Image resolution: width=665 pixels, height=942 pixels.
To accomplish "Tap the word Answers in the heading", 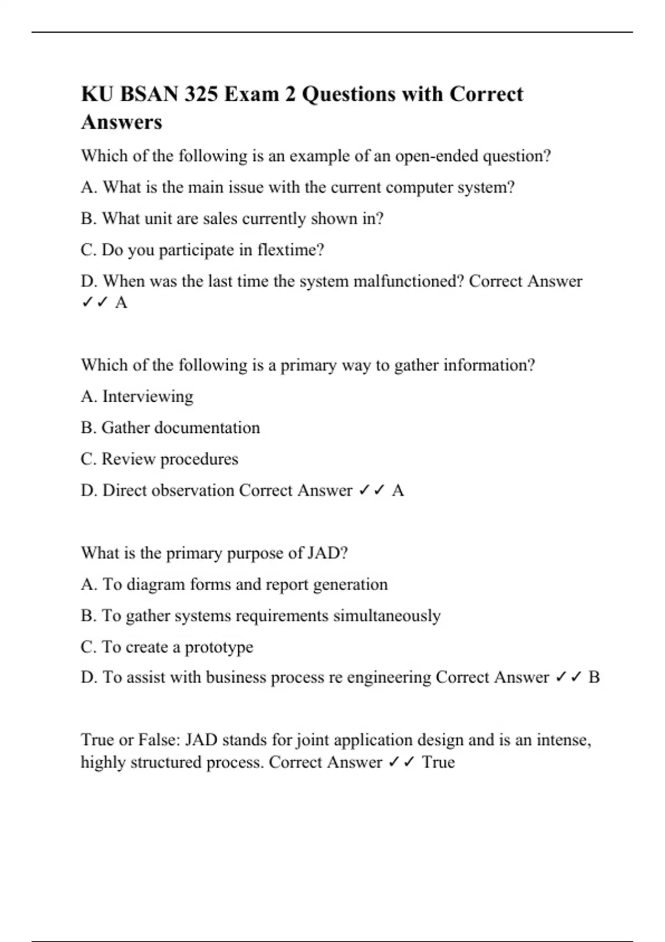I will tap(121, 122).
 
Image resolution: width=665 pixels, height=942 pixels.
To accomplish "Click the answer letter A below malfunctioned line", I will tap(121, 303).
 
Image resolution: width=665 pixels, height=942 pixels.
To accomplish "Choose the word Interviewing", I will tap(148, 397).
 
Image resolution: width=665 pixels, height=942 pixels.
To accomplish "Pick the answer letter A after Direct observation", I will tap(397, 490).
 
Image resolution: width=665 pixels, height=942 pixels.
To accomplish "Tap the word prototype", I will tap(219, 647).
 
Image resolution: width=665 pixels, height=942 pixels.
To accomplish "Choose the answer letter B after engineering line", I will tap(594, 677).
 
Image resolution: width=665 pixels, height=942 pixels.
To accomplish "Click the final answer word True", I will tap(438, 762).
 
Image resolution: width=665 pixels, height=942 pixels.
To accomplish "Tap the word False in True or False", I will tap(158, 740).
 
